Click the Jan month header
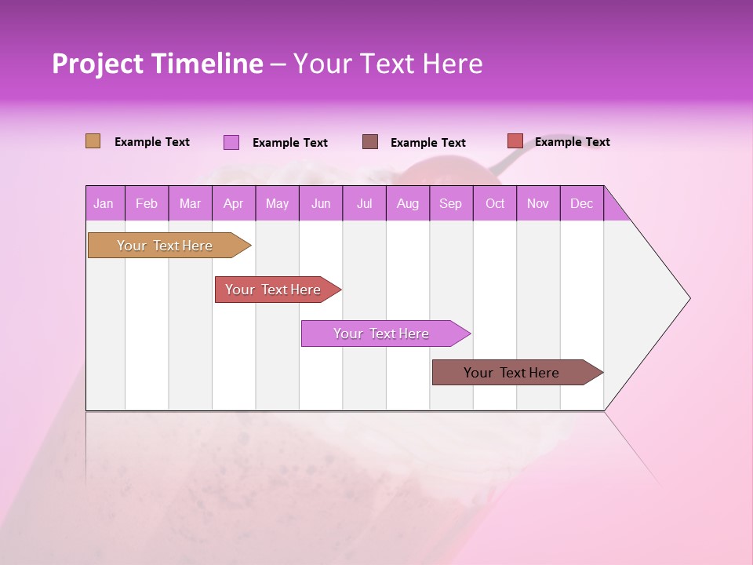point(104,203)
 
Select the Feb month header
point(147,203)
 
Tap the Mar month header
point(190,203)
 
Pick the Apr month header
point(233,203)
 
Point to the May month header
point(277,203)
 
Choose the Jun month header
point(321,203)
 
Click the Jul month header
point(364,203)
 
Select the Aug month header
point(407,203)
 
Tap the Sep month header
point(451,203)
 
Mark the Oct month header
point(495,203)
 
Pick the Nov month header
point(538,203)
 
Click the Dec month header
point(581,203)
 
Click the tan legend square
point(93,141)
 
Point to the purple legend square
point(231,142)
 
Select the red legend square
point(515,141)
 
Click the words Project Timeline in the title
point(158,64)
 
